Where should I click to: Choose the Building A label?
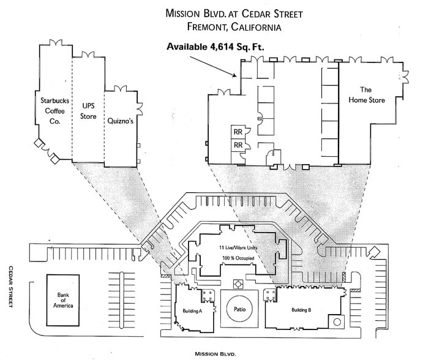point(192,312)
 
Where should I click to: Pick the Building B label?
point(301,310)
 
